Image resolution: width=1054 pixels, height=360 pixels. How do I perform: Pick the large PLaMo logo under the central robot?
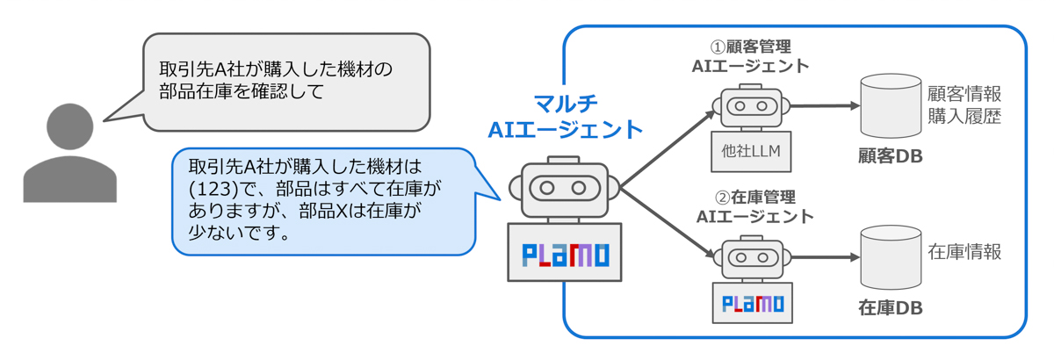(565, 255)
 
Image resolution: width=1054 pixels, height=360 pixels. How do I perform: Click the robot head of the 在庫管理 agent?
(752, 258)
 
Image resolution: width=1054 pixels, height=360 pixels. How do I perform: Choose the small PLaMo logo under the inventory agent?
(752, 304)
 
